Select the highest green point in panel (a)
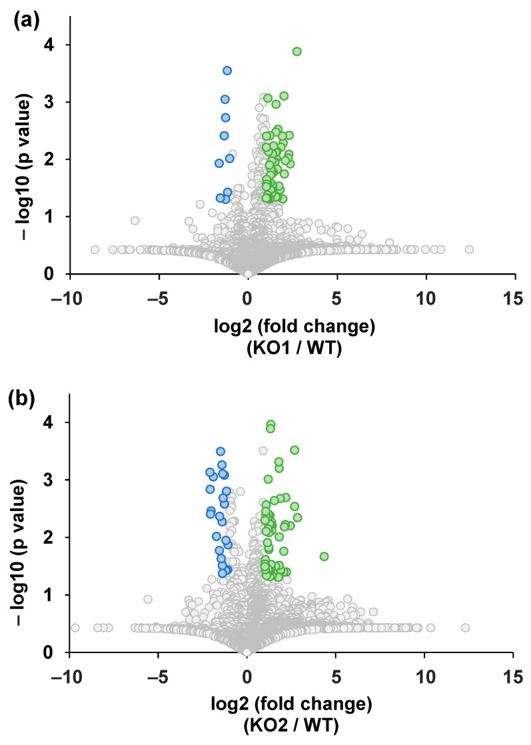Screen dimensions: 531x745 pyautogui.click(x=297, y=51)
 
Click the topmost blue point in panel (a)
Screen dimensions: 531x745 pyautogui.click(x=227, y=71)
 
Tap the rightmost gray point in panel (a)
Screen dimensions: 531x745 pyautogui.click(x=469, y=249)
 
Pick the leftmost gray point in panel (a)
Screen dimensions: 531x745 pyautogui.click(x=95, y=249)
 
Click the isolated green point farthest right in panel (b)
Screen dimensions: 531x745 pyautogui.click(x=324, y=556)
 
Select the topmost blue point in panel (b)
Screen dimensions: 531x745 pyautogui.click(x=221, y=451)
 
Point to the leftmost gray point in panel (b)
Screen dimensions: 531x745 pyautogui.click(x=75, y=628)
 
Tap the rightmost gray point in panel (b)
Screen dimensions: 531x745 pyautogui.click(x=466, y=628)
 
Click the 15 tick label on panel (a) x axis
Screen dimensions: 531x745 pyautogui.click(x=514, y=299)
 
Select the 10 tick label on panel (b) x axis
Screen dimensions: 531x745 pyautogui.click(x=426, y=677)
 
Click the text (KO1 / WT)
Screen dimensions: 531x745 pyautogui.click(x=294, y=349)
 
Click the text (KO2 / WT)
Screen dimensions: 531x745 pyautogui.click(x=291, y=726)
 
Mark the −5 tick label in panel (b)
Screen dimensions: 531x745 pyautogui.click(x=158, y=677)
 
